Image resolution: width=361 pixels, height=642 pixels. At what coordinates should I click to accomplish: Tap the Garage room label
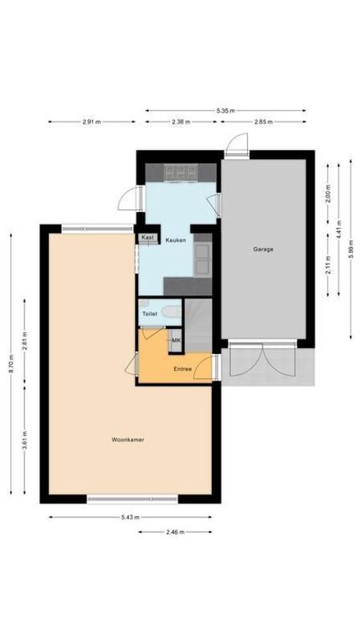pyautogui.click(x=263, y=250)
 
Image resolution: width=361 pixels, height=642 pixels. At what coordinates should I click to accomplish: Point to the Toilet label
pyautogui.click(x=149, y=314)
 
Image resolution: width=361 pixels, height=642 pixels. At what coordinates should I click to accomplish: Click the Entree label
pyautogui.click(x=183, y=368)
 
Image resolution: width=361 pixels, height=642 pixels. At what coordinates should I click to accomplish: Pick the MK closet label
pyautogui.click(x=176, y=341)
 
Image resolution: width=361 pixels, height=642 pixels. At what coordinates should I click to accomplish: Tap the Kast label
pyautogui.click(x=148, y=238)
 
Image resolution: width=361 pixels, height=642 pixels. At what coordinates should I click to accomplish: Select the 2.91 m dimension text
pyautogui.click(x=92, y=122)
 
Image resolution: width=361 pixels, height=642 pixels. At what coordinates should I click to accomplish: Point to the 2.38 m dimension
pyautogui.click(x=181, y=122)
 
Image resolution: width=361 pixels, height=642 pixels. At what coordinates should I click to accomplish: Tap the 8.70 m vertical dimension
pyautogui.click(x=11, y=363)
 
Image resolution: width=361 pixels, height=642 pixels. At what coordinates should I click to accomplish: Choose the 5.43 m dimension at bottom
pyautogui.click(x=131, y=518)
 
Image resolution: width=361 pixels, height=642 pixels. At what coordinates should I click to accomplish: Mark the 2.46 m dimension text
pyautogui.click(x=175, y=532)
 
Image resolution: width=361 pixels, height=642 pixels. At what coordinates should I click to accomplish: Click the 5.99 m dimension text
pyautogui.click(x=351, y=249)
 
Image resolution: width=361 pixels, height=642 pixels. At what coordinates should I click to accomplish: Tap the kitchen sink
pyautogui.click(x=202, y=257)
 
